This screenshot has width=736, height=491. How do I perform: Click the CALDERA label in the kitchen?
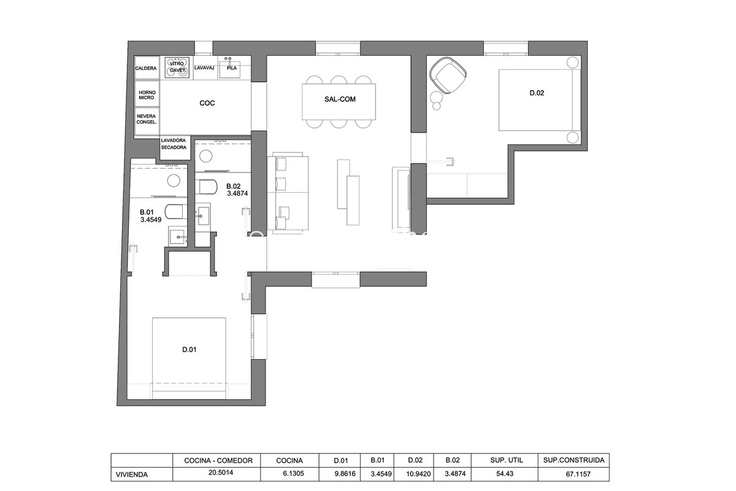tap(146, 68)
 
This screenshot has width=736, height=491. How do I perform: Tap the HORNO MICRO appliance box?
tap(147, 94)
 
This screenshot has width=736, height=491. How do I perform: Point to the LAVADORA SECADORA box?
tap(174, 148)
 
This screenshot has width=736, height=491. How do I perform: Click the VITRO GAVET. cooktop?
tap(177, 68)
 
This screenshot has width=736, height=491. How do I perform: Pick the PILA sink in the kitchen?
tap(231, 68)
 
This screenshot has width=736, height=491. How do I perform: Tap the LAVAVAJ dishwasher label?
tap(204, 68)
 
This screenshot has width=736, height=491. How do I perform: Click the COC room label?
tap(207, 103)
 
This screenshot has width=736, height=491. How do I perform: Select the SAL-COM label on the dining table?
tap(340, 99)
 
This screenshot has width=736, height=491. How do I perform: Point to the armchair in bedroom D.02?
tap(448, 75)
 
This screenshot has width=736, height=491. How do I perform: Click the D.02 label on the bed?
tap(537, 93)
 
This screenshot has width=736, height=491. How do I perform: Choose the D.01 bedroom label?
tap(190, 350)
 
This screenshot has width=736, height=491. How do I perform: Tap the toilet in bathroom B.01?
tap(176, 212)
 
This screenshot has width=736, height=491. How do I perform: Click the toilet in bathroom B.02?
tap(206, 187)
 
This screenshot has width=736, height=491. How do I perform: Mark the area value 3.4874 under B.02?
tap(237, 194)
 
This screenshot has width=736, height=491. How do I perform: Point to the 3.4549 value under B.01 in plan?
tap(151, 220)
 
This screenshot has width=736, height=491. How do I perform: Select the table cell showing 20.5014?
tap(220, 473)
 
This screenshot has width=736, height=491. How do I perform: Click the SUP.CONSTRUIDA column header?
tap(573, 460)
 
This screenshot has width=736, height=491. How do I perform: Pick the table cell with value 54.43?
tap(505, 474)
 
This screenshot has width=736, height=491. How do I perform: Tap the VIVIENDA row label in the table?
tap(132, 474)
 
